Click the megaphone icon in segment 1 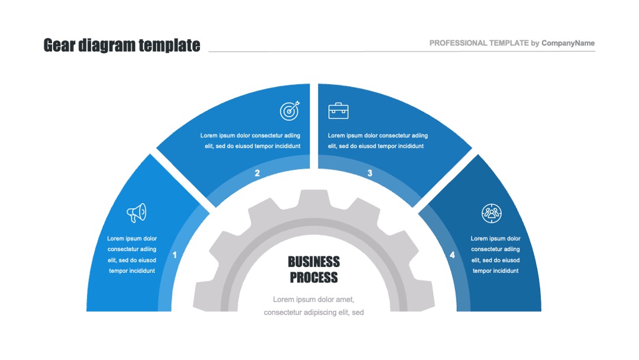click(137, 213)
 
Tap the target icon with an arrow click(290, 111)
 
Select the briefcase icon click(338, 111)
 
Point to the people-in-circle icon click(492, 213)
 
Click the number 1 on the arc click(175, 255)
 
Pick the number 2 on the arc click(257, 173)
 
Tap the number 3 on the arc click(370, 173)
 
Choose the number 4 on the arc click(453, 255)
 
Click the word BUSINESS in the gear click(314, 262)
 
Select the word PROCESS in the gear click(314, 278)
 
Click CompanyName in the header click(568, 43)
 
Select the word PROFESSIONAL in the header click(459, 43)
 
